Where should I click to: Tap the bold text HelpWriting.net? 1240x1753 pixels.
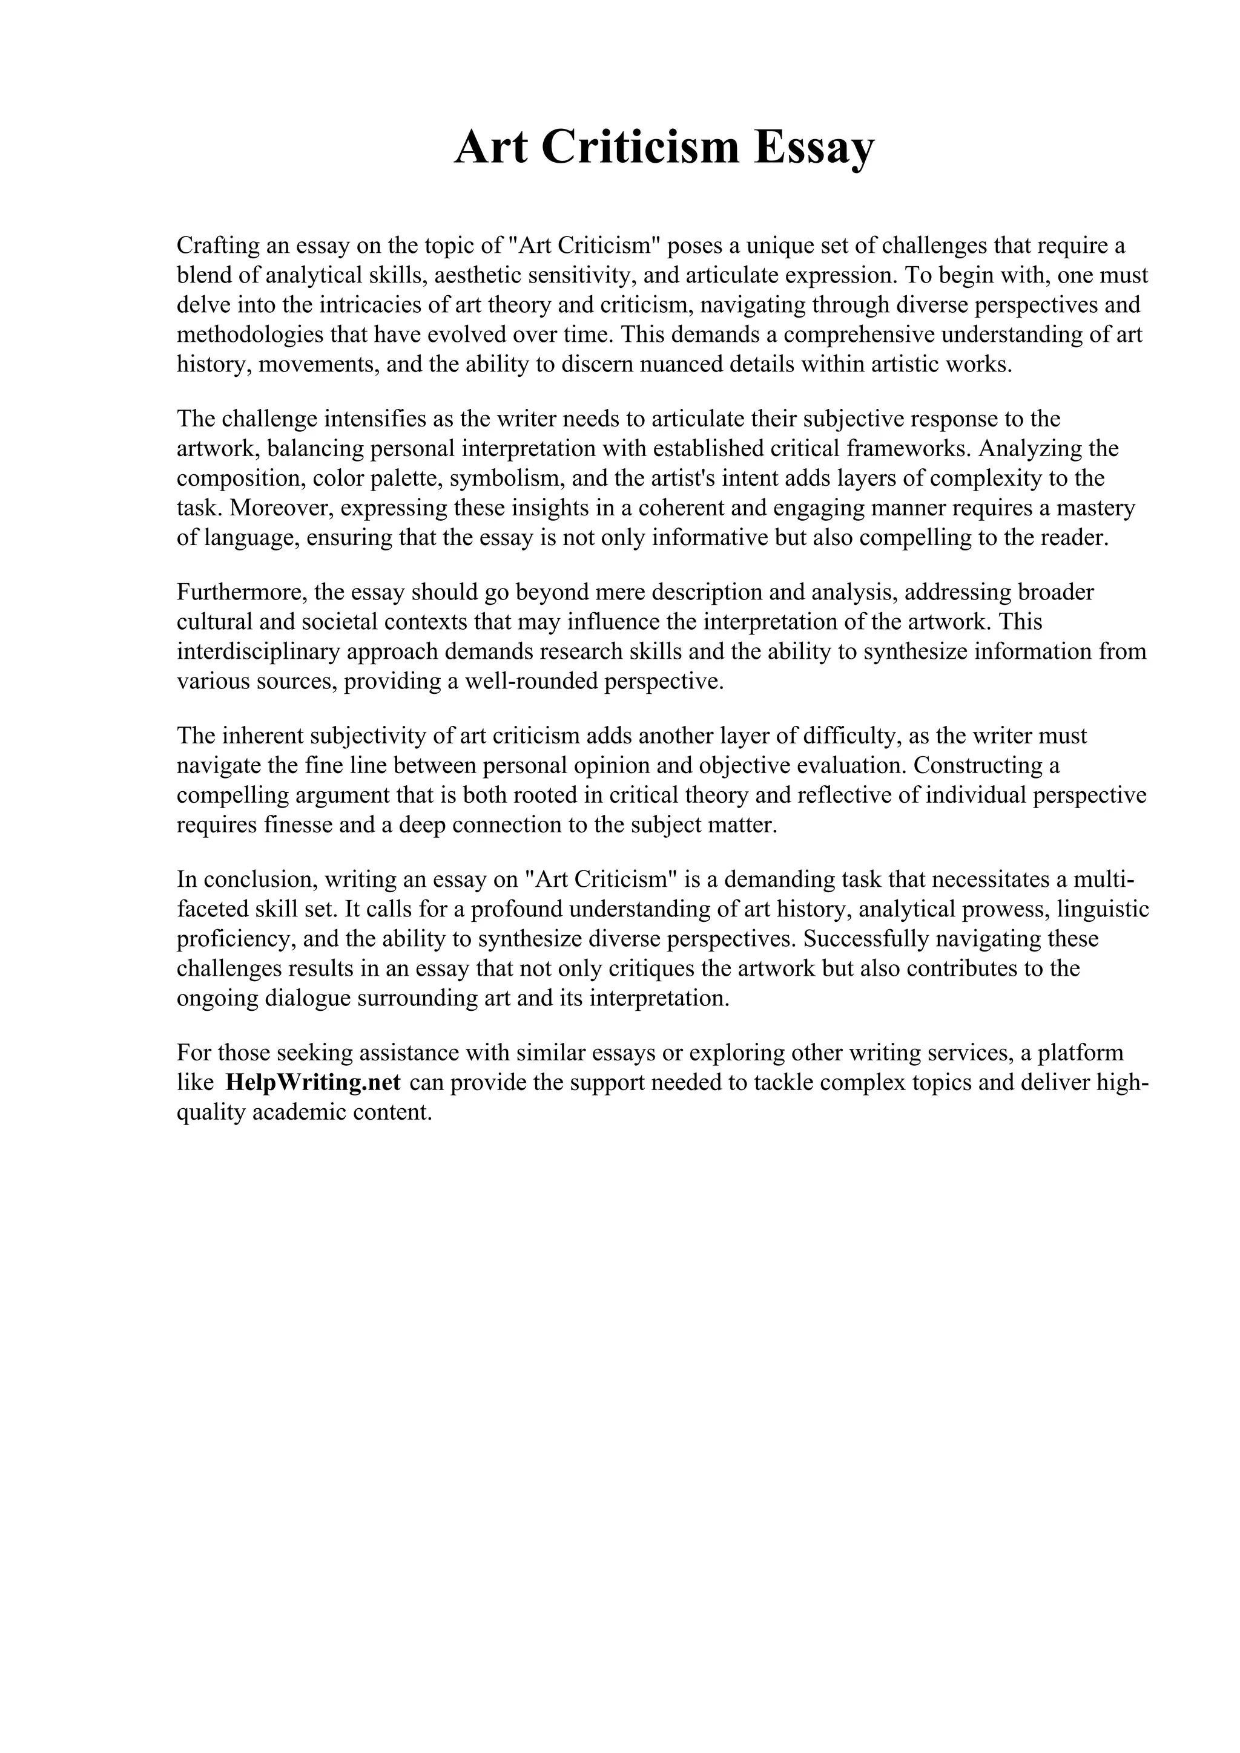pyautogui.click(x=313, y=1083)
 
